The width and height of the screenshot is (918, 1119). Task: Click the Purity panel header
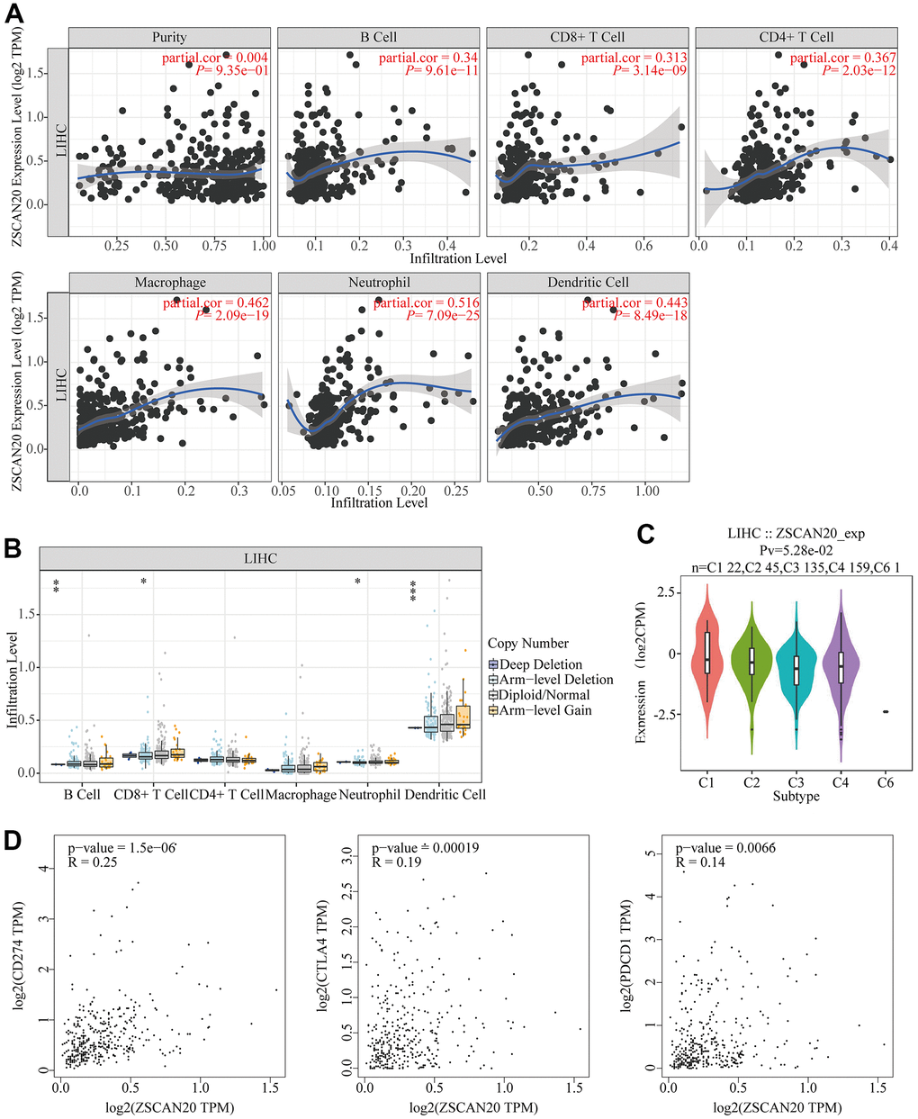169,37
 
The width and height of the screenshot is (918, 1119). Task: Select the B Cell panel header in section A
378,37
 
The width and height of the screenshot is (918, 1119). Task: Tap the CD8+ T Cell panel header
587,37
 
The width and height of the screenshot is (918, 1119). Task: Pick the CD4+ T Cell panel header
796,37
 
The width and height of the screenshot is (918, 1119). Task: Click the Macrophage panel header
170,283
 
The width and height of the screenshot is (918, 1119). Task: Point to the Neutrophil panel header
379,283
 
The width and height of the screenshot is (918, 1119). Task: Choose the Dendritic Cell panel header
588,283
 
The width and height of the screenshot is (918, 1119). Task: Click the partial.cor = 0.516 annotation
427,303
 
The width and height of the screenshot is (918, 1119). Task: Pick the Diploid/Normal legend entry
544,695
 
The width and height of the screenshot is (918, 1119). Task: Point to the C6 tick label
886,782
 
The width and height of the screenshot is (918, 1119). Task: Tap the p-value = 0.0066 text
725,848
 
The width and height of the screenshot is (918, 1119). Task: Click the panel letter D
13,840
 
